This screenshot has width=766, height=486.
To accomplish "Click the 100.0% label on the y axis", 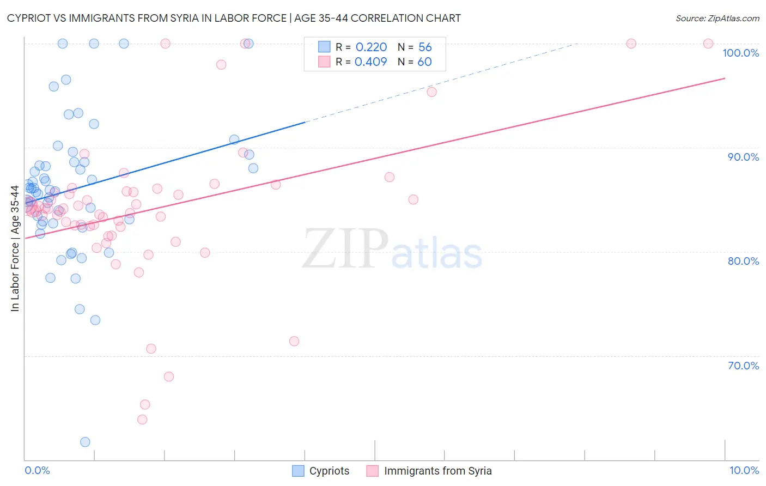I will pos(740,53).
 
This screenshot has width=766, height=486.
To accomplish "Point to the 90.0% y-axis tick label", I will pos(743,157).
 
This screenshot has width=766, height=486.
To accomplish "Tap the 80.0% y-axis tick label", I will pos(743,261).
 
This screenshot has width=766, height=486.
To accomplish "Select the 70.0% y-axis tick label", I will pos(743,366).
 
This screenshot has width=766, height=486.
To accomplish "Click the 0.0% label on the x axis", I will pos(37,470).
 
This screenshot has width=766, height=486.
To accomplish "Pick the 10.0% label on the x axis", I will pos(744,470).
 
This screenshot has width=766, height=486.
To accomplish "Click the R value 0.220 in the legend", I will pos(371,47).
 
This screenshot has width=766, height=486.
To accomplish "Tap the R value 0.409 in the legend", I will pos(370,62).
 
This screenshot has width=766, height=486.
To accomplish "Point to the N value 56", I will pos(425,47).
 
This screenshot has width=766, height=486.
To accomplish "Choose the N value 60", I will pos(424,62).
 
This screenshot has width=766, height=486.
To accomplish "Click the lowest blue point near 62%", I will pos(85,442).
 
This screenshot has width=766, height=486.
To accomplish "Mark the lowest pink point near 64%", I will pos(142,420).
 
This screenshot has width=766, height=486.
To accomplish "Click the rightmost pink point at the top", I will pos(708,44).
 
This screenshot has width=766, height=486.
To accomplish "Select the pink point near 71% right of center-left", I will pos(294,341).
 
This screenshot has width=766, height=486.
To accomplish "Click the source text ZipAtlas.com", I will pos(717,19).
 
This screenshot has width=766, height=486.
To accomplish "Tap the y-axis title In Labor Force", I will pos(15,248).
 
